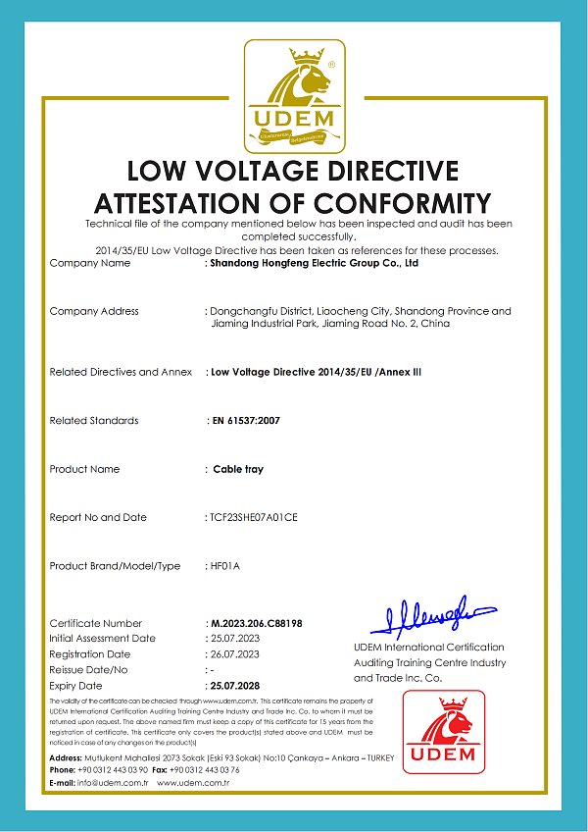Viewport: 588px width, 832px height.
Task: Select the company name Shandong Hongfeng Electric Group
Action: click(315, 263)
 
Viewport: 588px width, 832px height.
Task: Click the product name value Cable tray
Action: click(238, 469)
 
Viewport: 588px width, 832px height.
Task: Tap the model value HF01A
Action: click(225, 566)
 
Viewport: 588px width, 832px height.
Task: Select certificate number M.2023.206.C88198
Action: click(257, 623)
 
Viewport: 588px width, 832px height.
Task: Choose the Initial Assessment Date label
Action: click(102, 638)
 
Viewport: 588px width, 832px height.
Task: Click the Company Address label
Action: click(94, 311)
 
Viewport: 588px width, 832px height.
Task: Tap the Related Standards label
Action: click(94, 420)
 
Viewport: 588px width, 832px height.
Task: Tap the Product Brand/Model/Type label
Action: click(115, 566)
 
